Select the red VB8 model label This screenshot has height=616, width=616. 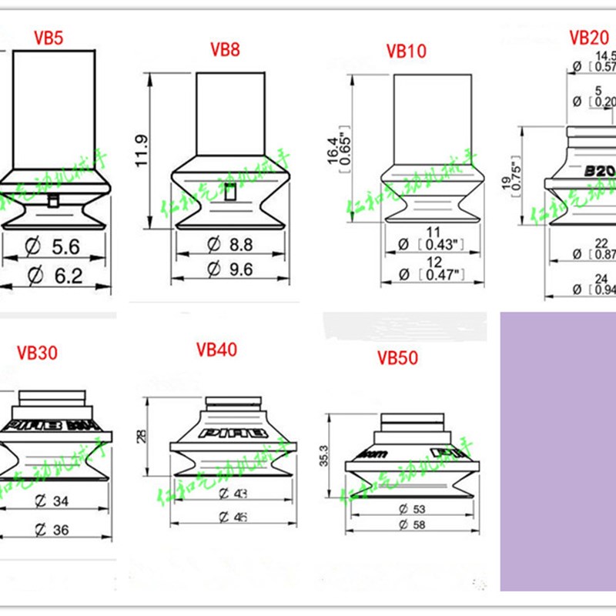(225, 50)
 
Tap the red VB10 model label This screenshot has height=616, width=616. (406, 51)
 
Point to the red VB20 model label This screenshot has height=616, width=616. (588, 38)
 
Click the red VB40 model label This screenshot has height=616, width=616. (216, 350)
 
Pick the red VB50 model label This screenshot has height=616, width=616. (397, 358)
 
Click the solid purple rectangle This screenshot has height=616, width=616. (558, 450)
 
